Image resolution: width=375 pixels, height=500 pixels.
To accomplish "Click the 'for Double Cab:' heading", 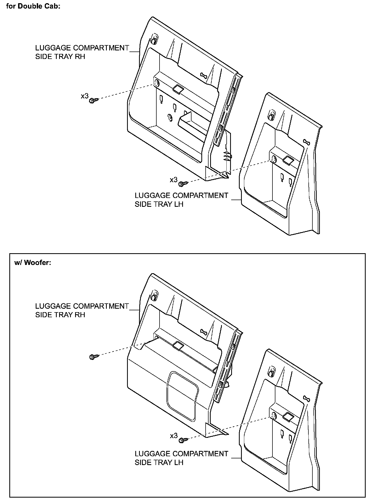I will [33, 6].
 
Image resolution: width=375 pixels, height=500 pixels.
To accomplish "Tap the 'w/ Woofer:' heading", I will [32, 263].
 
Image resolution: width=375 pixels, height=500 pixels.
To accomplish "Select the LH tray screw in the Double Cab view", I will [183, 184].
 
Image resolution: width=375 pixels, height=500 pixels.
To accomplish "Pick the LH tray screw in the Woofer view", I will [183, 439].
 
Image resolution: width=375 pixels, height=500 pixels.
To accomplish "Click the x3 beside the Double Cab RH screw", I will [85, 96].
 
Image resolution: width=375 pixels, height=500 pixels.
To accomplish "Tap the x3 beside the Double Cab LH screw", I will [174, 180].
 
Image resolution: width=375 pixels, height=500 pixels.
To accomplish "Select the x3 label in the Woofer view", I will [174, 436].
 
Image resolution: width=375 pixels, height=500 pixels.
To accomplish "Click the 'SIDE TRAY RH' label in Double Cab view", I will [60, 57].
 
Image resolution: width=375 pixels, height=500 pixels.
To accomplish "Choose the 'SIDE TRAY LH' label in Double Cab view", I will [159, 204].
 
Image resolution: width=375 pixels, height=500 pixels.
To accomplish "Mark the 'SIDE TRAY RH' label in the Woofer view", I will [60, 315].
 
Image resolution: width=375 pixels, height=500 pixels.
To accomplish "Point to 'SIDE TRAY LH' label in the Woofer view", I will [159, 463].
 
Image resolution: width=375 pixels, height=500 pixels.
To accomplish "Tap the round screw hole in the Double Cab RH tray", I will [157, 83].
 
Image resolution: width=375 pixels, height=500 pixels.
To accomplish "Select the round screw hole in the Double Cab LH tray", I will [274, 160].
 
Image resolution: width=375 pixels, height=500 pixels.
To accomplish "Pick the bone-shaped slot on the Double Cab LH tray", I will [307, 142].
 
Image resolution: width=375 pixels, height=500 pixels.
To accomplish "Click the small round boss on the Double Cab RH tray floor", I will [169, 117].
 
